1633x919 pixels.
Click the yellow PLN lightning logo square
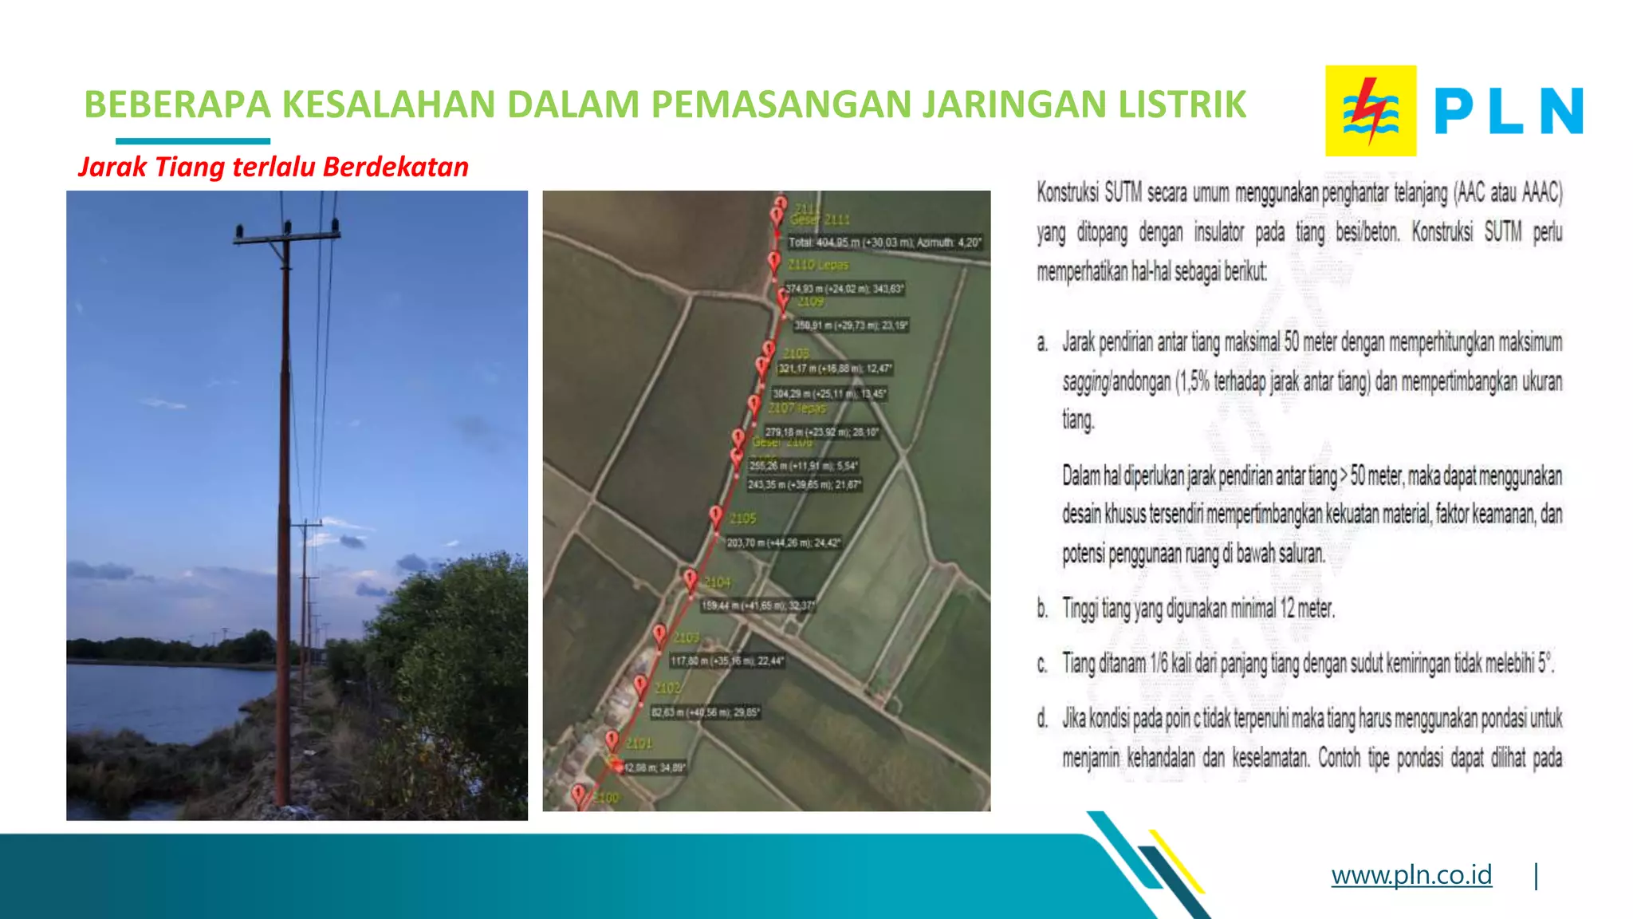click(x=1370, y=111)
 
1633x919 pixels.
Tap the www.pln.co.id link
click(x=1411, y=875)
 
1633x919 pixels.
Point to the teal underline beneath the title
click(x=192, y=141)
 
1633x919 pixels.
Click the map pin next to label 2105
click(x=716, y=515)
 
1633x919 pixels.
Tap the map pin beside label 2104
click(x=691, y=578)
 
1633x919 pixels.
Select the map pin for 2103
click(x=659, y=634)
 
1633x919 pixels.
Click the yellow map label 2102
click(x=668, y=688)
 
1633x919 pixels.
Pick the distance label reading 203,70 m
click(x=782, y=542)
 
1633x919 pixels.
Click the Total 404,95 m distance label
click(x=884, y=243)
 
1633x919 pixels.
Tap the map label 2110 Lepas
click(x=818, y=265)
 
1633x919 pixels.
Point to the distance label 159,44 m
click(x=757, y=606)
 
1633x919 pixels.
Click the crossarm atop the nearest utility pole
click(x=287, y=235)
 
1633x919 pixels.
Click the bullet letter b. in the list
click(x=1042, y=609)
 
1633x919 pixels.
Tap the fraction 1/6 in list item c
click(x=1159, y=664)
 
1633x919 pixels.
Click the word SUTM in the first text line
click(x=1123, y=192)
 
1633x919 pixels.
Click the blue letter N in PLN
click(x=1560, y=111)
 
